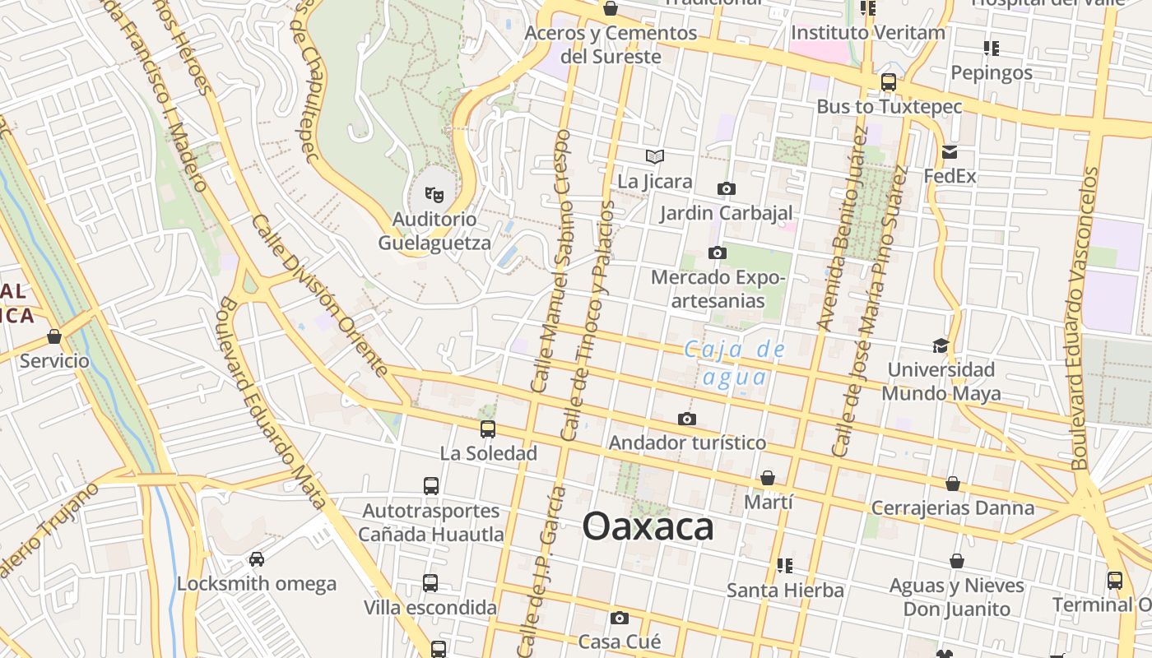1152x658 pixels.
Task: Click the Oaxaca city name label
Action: click(x=648, y=526)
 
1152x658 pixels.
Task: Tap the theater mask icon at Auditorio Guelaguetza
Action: click(x=434, y=195)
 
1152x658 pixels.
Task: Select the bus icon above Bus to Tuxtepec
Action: click(x=888, y=82)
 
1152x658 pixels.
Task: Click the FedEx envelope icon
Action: click(x=950, y=152)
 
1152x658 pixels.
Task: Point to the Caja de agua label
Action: click(x=735, y=363)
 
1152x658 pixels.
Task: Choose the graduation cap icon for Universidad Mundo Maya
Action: click(x=941, y=345)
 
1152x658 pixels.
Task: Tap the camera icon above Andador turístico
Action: click(x=687, y=419)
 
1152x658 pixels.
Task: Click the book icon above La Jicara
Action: click(x=655, y=156)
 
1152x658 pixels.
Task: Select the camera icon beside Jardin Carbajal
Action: click(x=726, y=189)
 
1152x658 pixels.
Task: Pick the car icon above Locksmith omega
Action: click(x=257, y=559)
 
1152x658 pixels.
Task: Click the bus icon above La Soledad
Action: click(x=488, y=429)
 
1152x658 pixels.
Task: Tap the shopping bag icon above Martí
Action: click(x=768, y=478)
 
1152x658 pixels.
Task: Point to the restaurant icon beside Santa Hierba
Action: click(x=785, y=566)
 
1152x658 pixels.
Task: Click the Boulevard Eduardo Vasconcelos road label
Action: click(x=1085, y=318)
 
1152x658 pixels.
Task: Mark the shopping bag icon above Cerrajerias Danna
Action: click(x=953, y=484)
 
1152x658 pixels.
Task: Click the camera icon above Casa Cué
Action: click(x=620, y=618)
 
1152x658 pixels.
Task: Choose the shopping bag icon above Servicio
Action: click(x=54, y=337)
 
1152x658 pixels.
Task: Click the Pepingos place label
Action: click(x=992, y=72)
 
